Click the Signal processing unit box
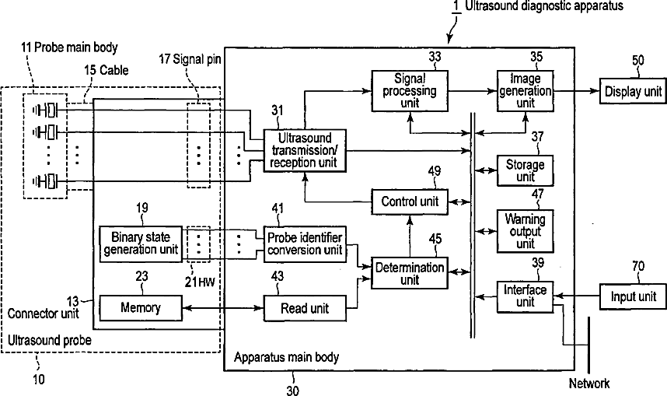coord(410,91)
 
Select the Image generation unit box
coord(526,91)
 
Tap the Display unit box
coord(633,91)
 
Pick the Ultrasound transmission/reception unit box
coord(305,150)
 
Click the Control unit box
coord(410,202)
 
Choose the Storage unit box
coord(526,170)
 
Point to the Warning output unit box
coord(526,231)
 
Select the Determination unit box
coord(410,273)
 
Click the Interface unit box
coord(526,296)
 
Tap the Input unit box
coord(633,296)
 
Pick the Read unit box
coord(305,308)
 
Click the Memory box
coord(141,308)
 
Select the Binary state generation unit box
coord(141,244)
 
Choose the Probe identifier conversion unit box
coord(305,244)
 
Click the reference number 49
coord(435,171)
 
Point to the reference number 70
coord(638,267)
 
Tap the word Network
coord(589,384)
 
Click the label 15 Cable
coord(106,70)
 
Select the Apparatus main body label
coord(286,357)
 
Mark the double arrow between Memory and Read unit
coord(223,308)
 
